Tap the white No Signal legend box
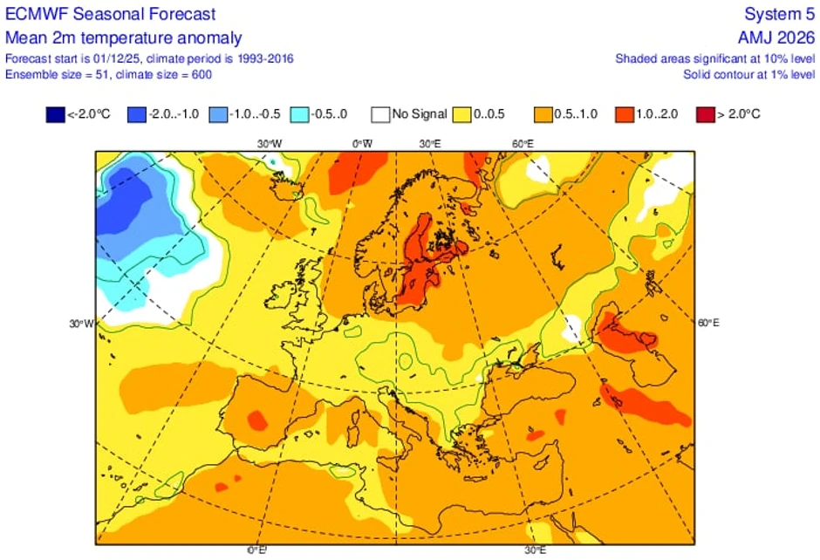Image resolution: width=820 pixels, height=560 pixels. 379,114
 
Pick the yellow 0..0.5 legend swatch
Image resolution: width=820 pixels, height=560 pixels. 462,114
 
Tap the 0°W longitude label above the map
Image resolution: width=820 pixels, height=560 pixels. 360,143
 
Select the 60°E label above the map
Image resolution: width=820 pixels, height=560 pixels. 523,143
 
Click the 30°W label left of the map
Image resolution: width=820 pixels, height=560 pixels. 81,324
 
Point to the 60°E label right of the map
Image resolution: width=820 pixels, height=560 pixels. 709,323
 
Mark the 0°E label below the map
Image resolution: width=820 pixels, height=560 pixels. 256,550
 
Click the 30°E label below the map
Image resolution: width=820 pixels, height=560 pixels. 535,550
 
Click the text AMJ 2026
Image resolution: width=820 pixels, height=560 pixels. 776,38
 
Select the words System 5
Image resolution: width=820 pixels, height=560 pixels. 779,15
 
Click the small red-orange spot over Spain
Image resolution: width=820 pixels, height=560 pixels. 256,420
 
